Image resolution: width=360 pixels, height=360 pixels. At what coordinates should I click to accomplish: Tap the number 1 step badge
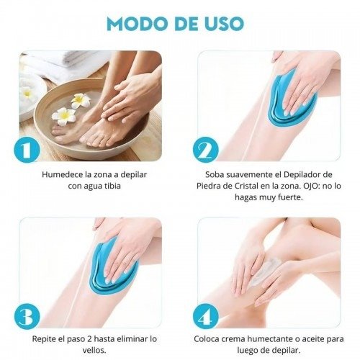coord(27,150)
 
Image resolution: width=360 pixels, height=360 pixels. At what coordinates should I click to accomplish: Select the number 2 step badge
coord(205,150)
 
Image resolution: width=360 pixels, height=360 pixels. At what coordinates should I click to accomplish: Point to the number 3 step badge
coord(27,316)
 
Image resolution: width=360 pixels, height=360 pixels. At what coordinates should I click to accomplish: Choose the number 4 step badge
coord(205,316)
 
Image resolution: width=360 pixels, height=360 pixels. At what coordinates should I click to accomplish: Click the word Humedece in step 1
coord(63,174)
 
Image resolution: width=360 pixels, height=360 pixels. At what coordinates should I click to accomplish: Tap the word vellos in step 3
coord(94,351)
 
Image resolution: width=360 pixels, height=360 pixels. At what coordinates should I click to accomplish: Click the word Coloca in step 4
coord(207,339)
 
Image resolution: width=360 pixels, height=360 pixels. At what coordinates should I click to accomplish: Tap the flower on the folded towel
coord(26,92)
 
